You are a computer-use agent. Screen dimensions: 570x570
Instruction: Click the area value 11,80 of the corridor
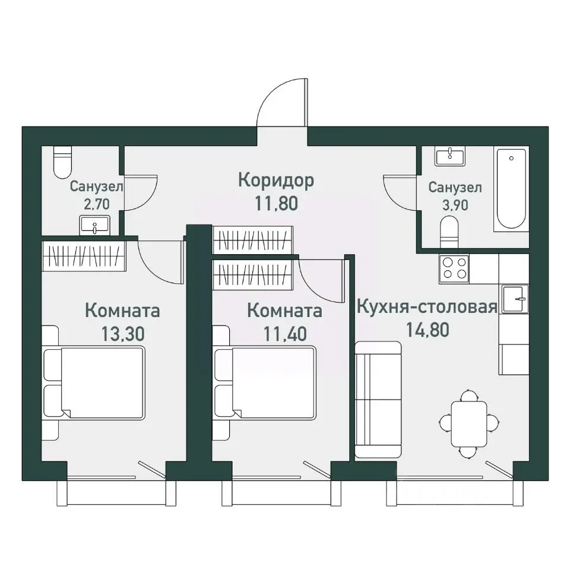[276, 203]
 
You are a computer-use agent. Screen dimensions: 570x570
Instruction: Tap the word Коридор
[276, 180]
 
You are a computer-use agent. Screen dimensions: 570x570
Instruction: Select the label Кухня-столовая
[427, 306]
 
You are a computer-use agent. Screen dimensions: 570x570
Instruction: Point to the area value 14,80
[427, 330]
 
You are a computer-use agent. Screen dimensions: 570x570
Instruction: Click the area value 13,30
[123, 334]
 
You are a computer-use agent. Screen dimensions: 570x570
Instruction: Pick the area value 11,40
[285, 334]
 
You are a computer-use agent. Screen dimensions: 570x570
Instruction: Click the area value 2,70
[97, 204]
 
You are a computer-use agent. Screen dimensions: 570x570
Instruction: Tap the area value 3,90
[455, 205]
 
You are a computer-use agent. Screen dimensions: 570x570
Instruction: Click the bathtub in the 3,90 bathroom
[511, 189]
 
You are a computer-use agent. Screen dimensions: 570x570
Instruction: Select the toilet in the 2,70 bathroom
[63, 161]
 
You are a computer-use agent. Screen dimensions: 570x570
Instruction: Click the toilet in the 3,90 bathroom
[449, 232]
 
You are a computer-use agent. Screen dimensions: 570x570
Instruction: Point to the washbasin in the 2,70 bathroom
[94, 225]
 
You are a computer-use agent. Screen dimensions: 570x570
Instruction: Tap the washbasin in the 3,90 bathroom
[450, 156]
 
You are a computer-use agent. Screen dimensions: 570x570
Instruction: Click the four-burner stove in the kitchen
[454, 268]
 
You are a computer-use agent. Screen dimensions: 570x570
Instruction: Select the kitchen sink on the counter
[515, 299]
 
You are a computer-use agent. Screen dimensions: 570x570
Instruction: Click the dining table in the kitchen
[469, 424]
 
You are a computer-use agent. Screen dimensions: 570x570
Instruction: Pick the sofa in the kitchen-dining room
[378, 399]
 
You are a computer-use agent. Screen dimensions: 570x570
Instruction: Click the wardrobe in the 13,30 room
[84, 256]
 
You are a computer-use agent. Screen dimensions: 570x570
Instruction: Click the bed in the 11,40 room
[265, 382]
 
